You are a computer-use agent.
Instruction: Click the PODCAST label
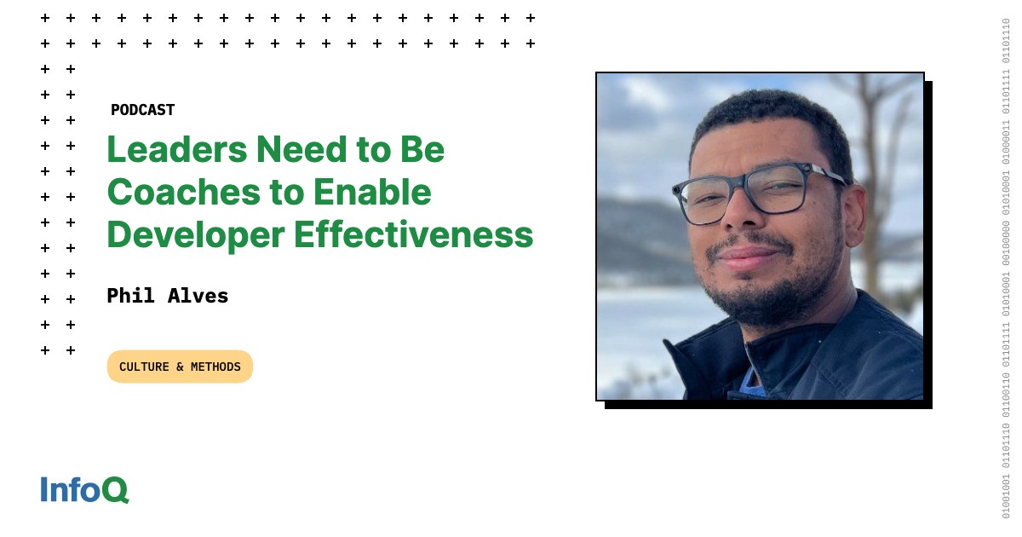(142, 110)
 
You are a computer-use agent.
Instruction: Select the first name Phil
(129, 296)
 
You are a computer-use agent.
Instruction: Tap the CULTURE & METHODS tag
(180, 367)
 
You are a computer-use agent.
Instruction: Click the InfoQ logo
(84, 489)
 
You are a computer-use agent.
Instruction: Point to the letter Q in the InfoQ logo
(117, 490)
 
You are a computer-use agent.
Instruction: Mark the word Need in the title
(295, 151)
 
